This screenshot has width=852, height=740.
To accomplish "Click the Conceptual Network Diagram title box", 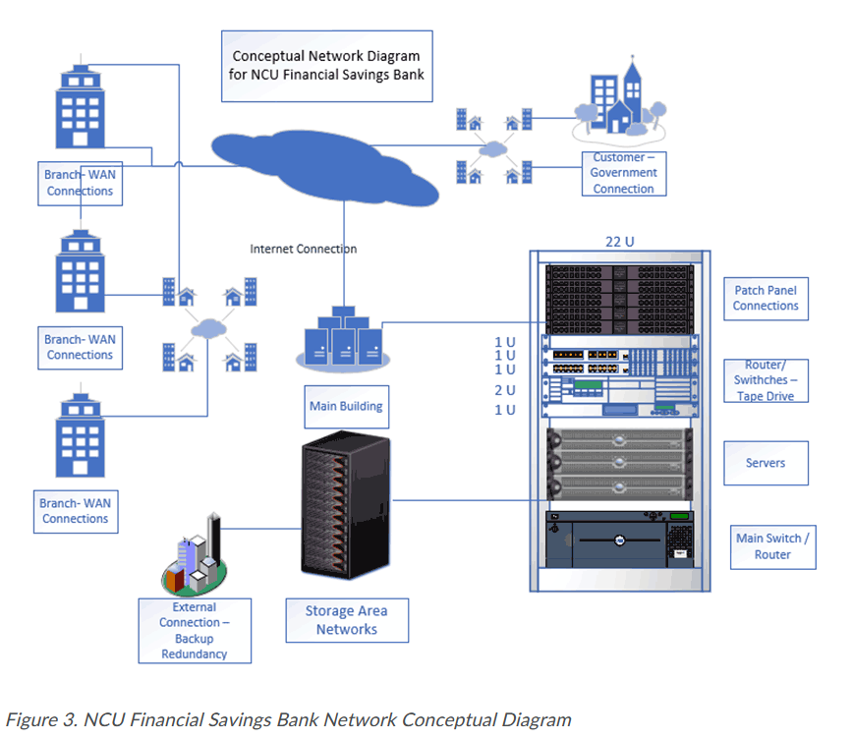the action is click(x=326, y=66).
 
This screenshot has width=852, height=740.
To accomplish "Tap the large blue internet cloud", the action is click(x=325, y=167).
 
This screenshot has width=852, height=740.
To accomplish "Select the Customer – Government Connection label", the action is click(x=624, y=173).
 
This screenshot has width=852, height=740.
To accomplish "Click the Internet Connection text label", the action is click(x=304, y=249).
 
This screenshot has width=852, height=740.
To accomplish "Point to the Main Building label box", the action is click(x=346, y=407).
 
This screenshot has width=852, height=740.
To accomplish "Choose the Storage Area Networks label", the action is click(x=347, y=620).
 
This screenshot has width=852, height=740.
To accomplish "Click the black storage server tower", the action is click(x=346, y=505).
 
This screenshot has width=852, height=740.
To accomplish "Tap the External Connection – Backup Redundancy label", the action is click(x=195, y=630).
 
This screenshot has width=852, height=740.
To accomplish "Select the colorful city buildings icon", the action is click(x=194, y=554).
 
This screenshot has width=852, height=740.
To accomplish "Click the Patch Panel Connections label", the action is click(x=766, y=299).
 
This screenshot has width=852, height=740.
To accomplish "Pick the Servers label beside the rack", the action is click(x=766, y=463).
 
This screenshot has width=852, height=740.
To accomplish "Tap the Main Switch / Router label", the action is click(x=772, y=546).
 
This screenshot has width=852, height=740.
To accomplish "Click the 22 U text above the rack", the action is click(x=619, y=242).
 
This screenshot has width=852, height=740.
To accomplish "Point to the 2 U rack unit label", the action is click(x=505, y=390).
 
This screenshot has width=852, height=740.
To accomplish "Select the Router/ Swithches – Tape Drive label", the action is click(x=766, y=380).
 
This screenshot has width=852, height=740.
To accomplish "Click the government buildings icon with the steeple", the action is click(x=619, y=99).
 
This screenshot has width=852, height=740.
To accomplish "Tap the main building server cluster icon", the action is click(x=343, y=339).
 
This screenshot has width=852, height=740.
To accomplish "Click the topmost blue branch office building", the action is click(x=81, y=103).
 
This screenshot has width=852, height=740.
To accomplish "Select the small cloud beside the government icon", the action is click(x=493, y=148).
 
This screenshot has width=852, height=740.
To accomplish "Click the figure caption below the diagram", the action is click(x=289, y=720).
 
